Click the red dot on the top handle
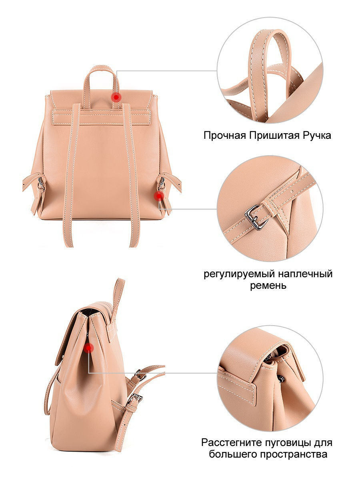(x=116, y=97)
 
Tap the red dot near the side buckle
(x=159, y=196)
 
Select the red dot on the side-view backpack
(x=88, y=348)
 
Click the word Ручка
(x=317, y=136)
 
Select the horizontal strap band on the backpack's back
(x=101, y=116)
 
